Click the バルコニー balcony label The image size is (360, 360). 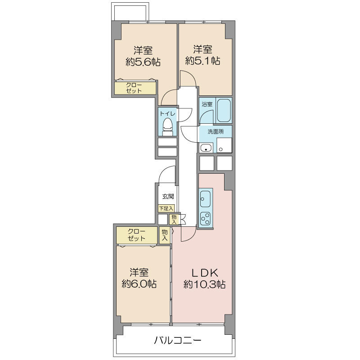point(177,340)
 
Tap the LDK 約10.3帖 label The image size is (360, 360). point(204,279)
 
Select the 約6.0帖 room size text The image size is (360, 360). point(139,284)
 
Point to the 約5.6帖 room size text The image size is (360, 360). point(143,62)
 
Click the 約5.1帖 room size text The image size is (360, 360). point(202,61)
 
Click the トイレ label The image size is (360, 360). point(167,113)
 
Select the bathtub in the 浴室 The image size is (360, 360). point(224,111)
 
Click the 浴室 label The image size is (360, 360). point(207,104)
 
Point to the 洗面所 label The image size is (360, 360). point(216,131)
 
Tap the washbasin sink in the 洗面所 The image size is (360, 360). point(206,148)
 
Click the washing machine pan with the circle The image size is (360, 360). point(224,145)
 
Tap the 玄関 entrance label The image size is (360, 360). point(168,196)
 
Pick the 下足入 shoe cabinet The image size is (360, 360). point(166,208)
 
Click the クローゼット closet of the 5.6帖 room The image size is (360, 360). point(135,87)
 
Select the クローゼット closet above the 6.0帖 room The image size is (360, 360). point(137,235)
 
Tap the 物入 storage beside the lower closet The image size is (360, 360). point(165,235)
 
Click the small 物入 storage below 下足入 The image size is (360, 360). point(174,219)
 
